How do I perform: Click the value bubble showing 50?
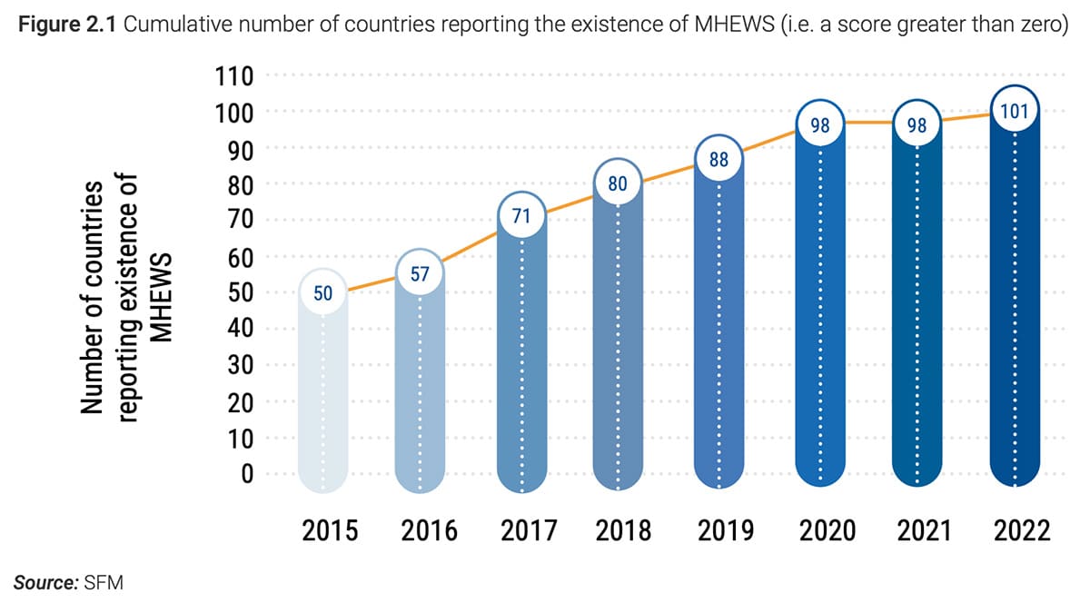click(x=324, y=293)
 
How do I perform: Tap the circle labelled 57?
click(x=420, y=273)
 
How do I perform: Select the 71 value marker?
click(x=522, y=217)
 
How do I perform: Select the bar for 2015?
click(x=324, y=400)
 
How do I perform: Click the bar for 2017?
click(x=522, y=363)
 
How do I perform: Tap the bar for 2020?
click(x=820, y=318)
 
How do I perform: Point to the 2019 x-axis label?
click(x=725, y=530)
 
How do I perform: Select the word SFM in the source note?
click(x=102, y=581)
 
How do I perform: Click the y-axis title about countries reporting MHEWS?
click(x=127, y=300)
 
